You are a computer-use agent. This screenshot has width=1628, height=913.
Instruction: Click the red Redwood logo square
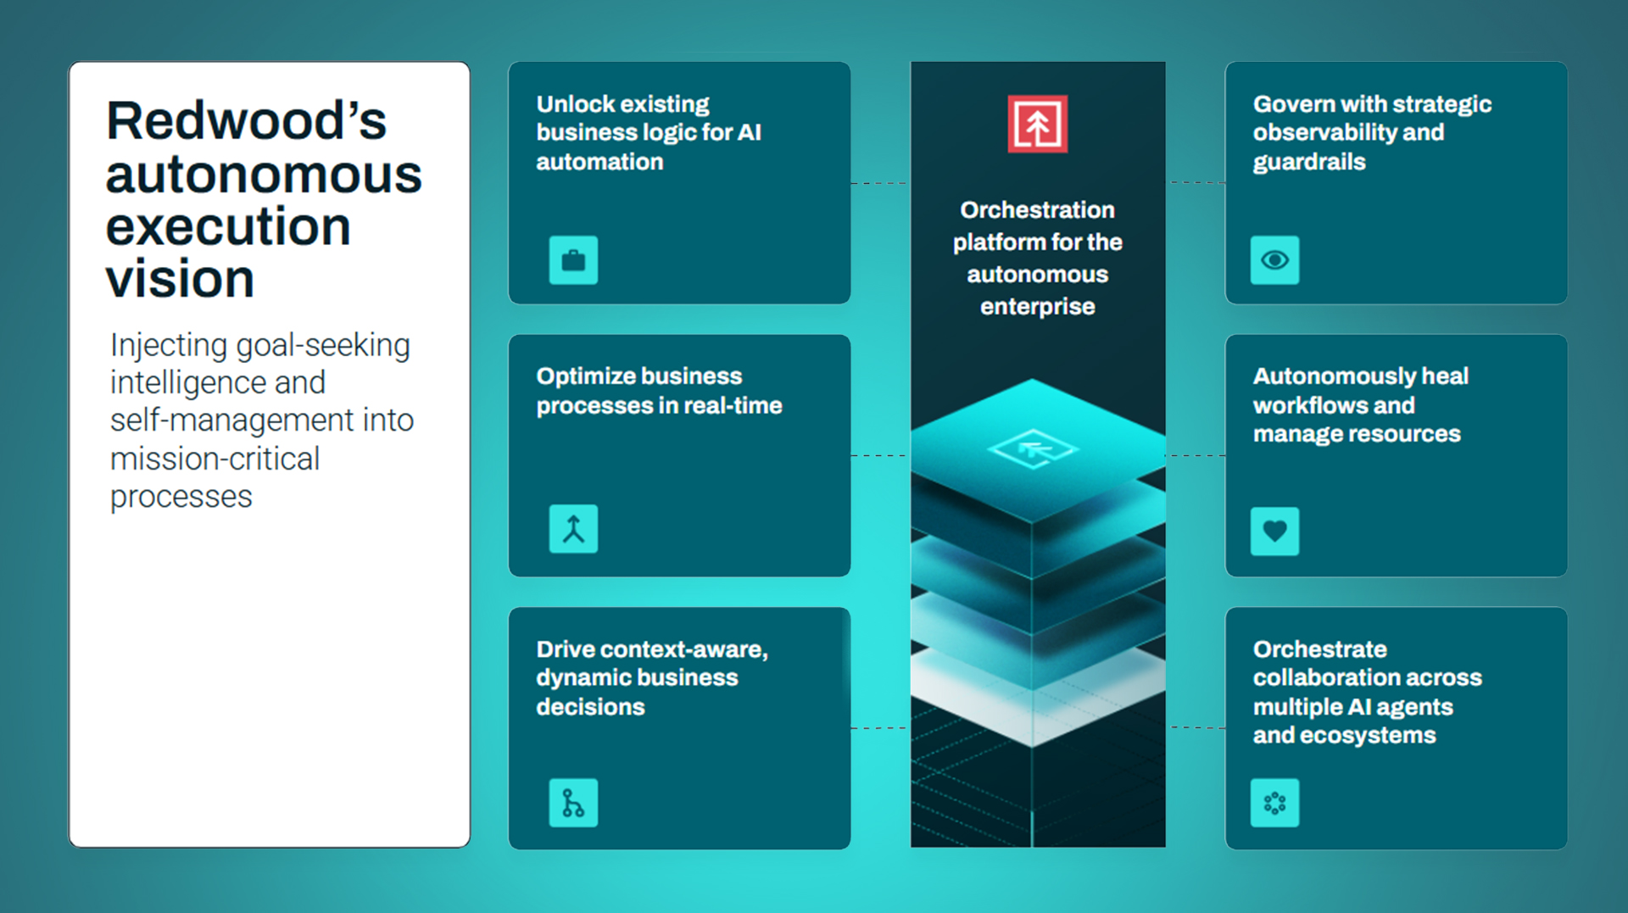click(1037, 124)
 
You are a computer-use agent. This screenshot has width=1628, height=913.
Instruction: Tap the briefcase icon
click(573, 260)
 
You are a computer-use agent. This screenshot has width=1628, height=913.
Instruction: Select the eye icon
click(1274, 260)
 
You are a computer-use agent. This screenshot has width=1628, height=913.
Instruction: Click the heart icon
click(1274, 532)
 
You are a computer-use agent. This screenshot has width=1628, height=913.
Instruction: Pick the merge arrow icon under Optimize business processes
click(573, 529)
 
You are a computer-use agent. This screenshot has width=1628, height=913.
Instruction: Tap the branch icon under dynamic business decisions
click(573, 803)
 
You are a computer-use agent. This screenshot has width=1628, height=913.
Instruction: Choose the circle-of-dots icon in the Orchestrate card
click(1274, 803)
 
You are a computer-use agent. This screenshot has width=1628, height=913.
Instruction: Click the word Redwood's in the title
click(246, 120)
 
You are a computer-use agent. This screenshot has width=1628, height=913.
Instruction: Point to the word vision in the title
click(180, 279)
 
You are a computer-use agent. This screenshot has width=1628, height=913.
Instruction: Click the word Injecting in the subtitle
click(169, 347)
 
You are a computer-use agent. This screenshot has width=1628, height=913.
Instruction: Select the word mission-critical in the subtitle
click(215, 459)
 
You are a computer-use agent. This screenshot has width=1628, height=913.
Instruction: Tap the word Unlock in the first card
click(576, 103)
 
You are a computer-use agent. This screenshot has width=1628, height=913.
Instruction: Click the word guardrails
click(1309, 162)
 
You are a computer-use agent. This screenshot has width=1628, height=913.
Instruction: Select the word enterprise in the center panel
click(1037, 306)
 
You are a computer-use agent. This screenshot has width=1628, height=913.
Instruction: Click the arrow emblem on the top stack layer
click(1033, 448)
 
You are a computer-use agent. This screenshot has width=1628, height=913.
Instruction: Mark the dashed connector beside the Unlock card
click(879, 182)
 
